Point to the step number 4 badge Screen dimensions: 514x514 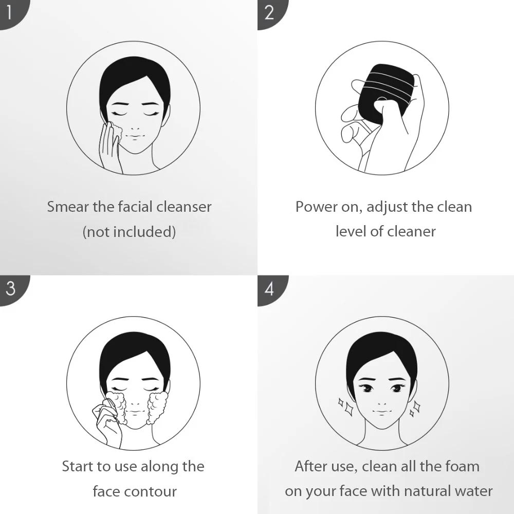click(x=271, y=289)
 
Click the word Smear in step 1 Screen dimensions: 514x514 click(x=68, y=207)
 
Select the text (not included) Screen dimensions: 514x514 click(x=129, y=232)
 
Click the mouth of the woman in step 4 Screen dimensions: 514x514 click(x=381, y=411)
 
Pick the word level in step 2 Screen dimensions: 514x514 click(x=351, y=231)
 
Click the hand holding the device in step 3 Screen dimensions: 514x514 click(x=106, y=423)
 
